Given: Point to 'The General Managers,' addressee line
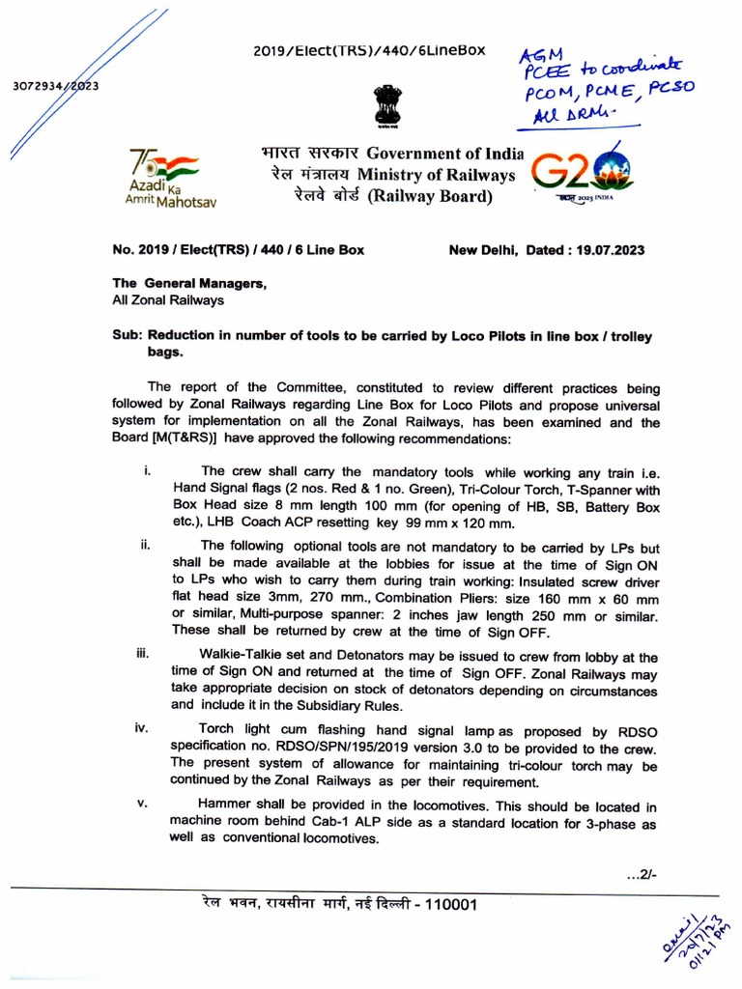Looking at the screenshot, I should coord(188,283).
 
